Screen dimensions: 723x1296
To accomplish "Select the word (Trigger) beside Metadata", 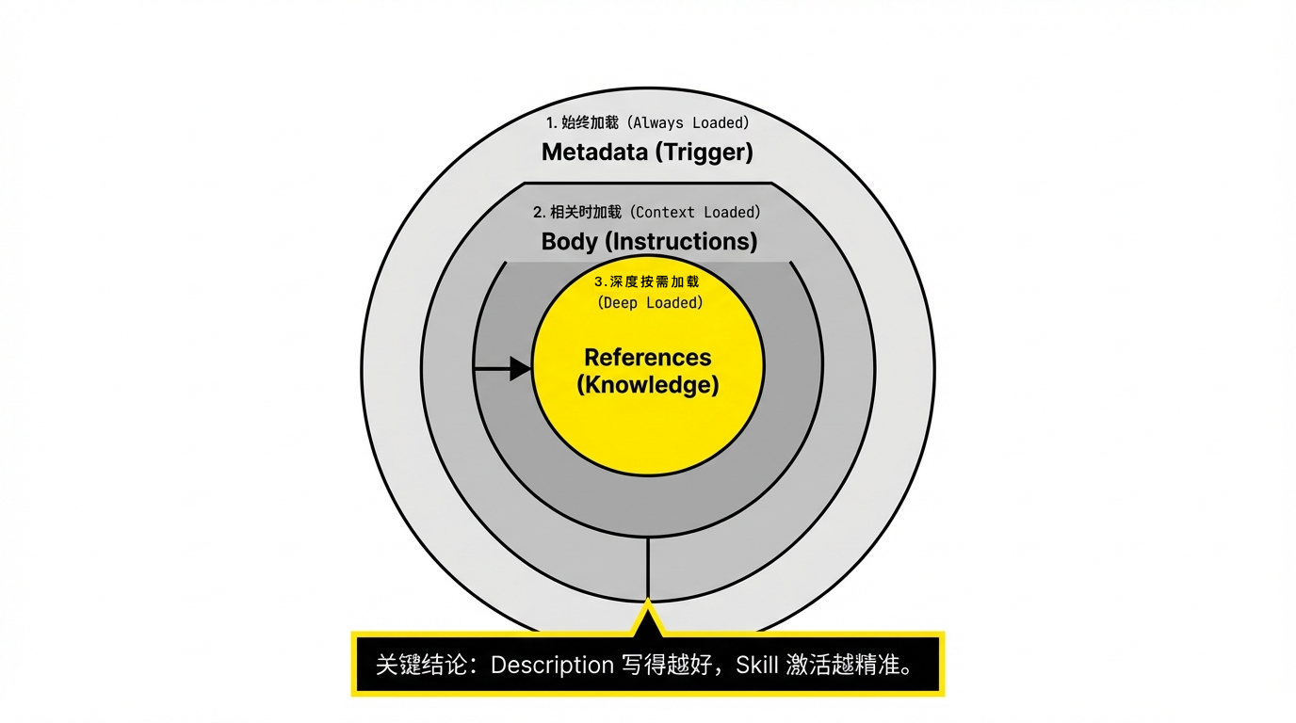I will click(x=705, y=153).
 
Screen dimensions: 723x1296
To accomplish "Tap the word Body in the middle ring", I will click(x=569, y=241).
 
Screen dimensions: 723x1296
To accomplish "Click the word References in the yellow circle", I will click(x=648, y=358).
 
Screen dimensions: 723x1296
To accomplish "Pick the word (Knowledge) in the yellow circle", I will click(x=648, y=385).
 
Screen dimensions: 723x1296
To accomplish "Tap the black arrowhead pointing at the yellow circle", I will click(x=521, y=369).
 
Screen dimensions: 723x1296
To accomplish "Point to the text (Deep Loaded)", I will click(x=650, y=303).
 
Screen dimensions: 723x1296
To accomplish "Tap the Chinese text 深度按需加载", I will click(x=655, y=281).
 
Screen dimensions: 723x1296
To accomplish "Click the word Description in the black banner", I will click(x=553, y=666).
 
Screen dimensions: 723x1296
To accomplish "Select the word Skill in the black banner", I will click(x=756, y=666).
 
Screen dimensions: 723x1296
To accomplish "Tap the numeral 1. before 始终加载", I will click(x=552, y=122).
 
